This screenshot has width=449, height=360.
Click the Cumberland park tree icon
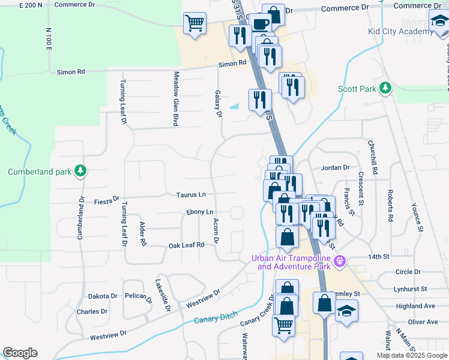pos(80,172)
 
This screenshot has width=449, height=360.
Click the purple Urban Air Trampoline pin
pos(340,261)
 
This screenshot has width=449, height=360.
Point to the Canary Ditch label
pos(217,316)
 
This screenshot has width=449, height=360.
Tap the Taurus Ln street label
pos(191,194)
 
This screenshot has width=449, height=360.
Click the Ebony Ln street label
pos(200,212)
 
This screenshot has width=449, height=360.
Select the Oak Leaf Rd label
pos(186,245)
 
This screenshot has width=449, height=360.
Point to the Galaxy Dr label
pos(219,104)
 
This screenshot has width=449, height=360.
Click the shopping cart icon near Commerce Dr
pos(194,24)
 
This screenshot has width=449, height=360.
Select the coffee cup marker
pos(260,24)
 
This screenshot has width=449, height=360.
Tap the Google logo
pos(20,353)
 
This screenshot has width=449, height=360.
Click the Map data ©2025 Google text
pos(411,355)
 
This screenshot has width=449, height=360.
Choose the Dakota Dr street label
pos(103,296)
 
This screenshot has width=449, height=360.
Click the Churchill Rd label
pos(374,158)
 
